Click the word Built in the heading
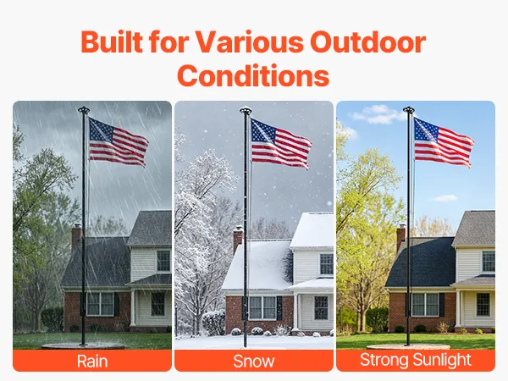pyautogui.click(x=112, y=41)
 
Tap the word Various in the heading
pyautogui.click(x=249, y=41)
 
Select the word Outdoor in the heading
pyautogui.click(x=368, y=41)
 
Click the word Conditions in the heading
pyautogui.click(x=253, y=75)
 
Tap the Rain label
pyautogui.click(x=92, y=362)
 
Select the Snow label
pyautogui.click(x=254, y=362)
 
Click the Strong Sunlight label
pyautogui.click(x=416, y=360)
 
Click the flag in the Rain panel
pyautogui.click(x=119, y=142)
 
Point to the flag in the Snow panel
pyautogui.click(x=281, y=144)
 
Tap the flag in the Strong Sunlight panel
pyautogui.click(x=443, y=142)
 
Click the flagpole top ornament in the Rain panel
pyautogui.click(x=84, y=110)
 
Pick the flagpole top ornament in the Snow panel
pyautogui.click(x=246, y=110)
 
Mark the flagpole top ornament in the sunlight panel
pyautogui.click(x=409, y=109)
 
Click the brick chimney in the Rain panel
pyautogui.click(x=76, y=236)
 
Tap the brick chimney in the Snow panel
pyautogui.click(x=238, y=239)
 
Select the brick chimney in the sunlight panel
pyautogui.click(x=401, y=236)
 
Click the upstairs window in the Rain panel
pyautogui.click(x=163, y=261)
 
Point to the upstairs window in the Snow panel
pyautogui.click(x=327, y=264)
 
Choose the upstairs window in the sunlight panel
pyautogui.click(x=489, y=261)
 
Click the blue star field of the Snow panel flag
pyautogui.click(x=263, y=130)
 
